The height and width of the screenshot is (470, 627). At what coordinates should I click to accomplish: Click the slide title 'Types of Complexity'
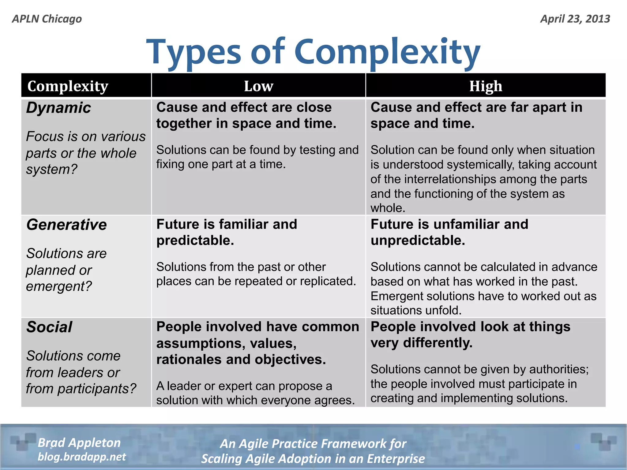coord(313,52)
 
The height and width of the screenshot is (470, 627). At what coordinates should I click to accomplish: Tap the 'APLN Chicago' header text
coord(47,19)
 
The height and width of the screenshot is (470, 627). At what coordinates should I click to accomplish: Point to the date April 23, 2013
coord(575,19)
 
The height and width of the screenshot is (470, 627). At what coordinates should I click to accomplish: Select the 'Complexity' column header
coord(68,86)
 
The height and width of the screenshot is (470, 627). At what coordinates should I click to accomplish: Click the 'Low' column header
coord(258,86)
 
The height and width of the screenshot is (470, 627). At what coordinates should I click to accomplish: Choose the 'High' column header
coord(486,86)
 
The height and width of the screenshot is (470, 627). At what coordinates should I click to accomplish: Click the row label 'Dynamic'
coord(58,108)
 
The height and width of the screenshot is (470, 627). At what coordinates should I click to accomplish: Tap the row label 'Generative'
coord(66,225)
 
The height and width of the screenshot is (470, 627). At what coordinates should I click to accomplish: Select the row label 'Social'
coord(49,327)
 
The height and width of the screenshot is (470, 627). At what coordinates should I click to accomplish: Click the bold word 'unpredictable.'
coord(418,241)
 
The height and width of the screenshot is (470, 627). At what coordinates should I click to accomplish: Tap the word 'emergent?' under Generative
coord(59,286)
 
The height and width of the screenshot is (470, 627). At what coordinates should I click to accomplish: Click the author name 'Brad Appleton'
coord(79,443)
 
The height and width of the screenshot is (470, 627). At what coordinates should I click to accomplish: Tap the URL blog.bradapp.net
coord(81,457)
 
